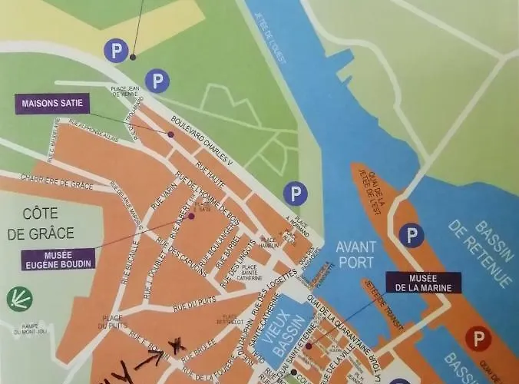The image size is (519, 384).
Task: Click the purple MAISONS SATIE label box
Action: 51,103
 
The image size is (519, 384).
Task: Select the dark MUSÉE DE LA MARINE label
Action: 423,282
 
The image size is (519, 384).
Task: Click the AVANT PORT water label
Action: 356,254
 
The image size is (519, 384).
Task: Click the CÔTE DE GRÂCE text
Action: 48,223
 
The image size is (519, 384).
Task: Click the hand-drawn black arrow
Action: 149,355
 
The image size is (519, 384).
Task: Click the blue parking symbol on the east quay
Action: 412,233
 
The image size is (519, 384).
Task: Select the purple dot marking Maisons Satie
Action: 170,135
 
